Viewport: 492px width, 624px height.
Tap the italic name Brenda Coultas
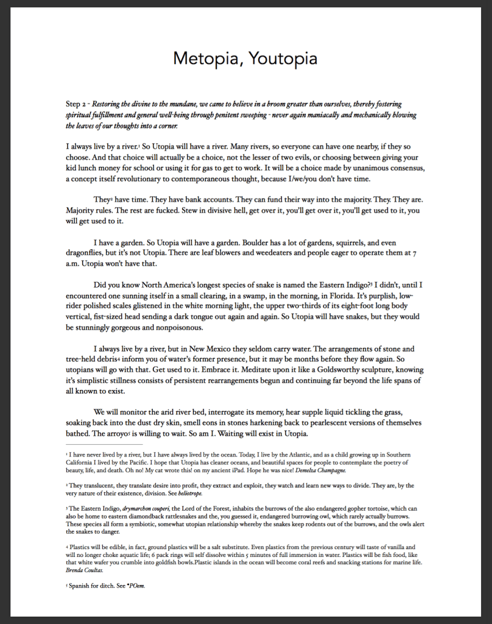click(x=85, y=571)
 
